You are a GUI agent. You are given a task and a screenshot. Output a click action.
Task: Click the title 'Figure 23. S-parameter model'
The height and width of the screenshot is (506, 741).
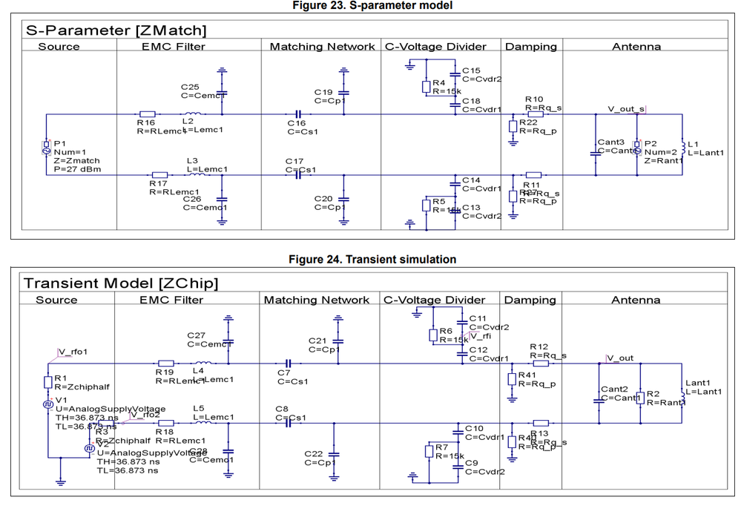point(372,5)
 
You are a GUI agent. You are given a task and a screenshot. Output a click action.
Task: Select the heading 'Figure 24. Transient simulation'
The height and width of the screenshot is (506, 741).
point(372,259)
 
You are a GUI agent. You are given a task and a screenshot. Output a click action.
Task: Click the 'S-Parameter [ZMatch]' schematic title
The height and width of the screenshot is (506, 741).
point(116,30)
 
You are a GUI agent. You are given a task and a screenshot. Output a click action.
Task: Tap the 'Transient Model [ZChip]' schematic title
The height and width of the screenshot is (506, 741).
point(121,283)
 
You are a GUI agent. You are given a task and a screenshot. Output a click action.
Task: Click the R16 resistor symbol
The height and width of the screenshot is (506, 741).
point(148,114)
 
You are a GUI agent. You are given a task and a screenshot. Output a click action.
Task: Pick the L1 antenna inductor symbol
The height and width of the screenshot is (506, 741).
point(682,148)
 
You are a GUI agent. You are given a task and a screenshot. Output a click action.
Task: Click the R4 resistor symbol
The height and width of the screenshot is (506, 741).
point(427,87)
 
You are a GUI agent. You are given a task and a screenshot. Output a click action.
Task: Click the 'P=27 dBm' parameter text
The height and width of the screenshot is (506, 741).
point(77,169)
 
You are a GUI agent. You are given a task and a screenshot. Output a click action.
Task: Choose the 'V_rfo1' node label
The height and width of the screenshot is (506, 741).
point(72,352)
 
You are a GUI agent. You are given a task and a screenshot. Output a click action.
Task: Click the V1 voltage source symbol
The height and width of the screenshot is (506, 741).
point(47,404)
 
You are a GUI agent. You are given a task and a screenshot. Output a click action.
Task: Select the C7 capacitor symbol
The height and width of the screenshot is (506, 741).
point(289,364)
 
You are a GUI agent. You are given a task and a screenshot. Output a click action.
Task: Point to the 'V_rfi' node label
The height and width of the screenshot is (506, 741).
point(481,336)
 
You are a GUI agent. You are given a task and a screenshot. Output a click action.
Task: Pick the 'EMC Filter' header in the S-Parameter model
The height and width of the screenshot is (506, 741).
point(173,46)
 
